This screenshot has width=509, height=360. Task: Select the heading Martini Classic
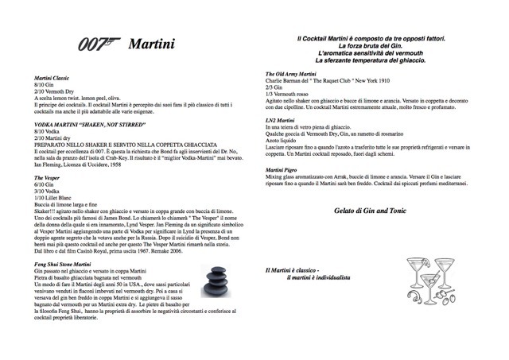coord(51,77)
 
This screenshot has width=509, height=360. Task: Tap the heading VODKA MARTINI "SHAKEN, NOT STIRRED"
coord(88,126)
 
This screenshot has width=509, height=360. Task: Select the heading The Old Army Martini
coord(295,73)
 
